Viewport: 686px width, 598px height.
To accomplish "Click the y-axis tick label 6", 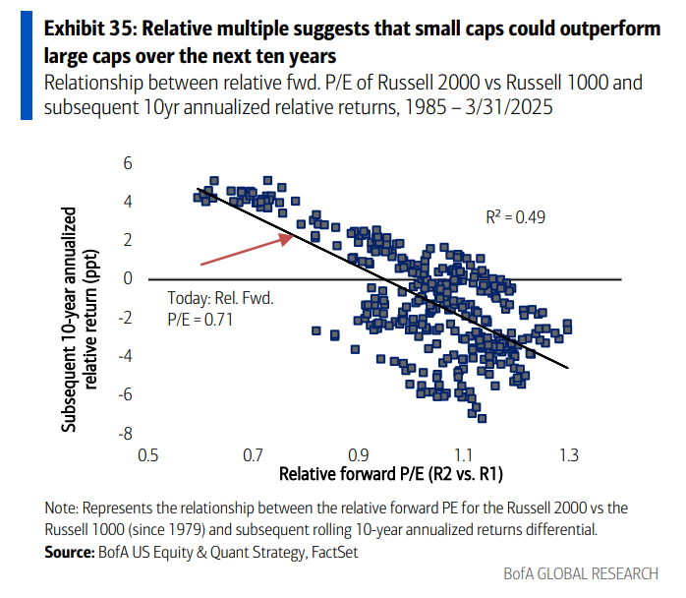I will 128,162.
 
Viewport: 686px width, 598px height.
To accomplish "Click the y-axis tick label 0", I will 128,279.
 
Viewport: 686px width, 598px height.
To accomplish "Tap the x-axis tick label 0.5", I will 149,455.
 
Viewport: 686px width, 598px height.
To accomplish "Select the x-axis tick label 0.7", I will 255,455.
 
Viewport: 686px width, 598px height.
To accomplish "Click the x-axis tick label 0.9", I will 360,455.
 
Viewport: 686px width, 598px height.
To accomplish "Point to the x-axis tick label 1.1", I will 464,455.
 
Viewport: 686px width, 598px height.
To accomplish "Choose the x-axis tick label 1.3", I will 568,455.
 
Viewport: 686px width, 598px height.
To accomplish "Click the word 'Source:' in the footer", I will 72,554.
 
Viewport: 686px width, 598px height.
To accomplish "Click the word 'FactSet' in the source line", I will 334,554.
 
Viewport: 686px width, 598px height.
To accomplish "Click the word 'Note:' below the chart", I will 65,509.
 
